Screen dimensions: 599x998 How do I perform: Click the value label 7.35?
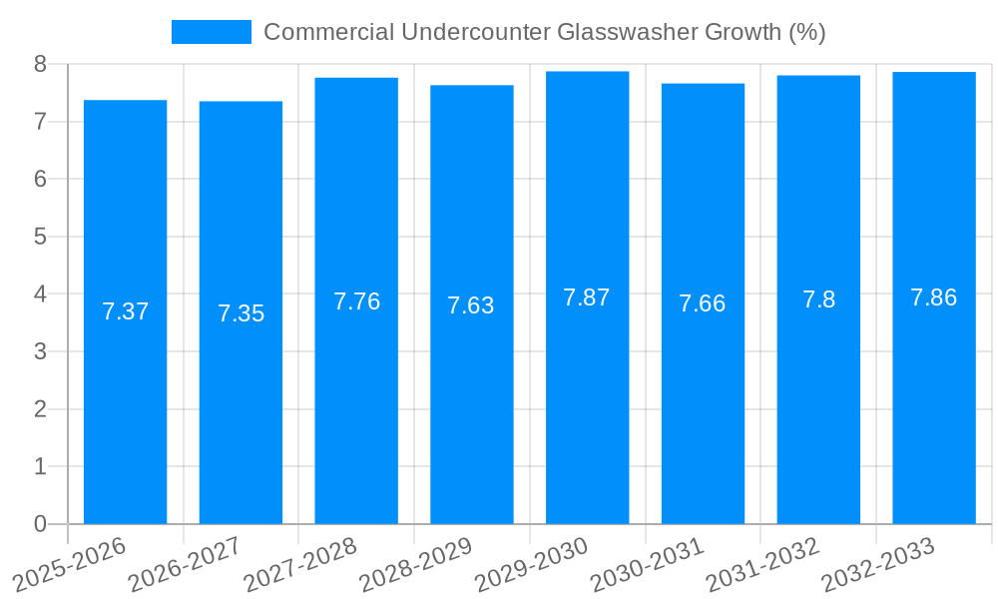coord(241,313)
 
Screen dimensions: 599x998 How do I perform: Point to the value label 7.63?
coord(471,305)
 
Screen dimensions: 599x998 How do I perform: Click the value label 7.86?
coord(934,298)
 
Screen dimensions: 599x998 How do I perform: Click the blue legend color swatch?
coord(212,32)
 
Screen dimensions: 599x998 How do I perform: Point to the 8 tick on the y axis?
coord(40,64)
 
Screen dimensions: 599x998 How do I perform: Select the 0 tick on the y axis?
coord(40,524)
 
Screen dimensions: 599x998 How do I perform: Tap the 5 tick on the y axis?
coord(40,237)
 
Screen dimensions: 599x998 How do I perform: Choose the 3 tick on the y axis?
coord(40,351)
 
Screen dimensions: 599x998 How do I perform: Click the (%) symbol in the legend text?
coord(806,32)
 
